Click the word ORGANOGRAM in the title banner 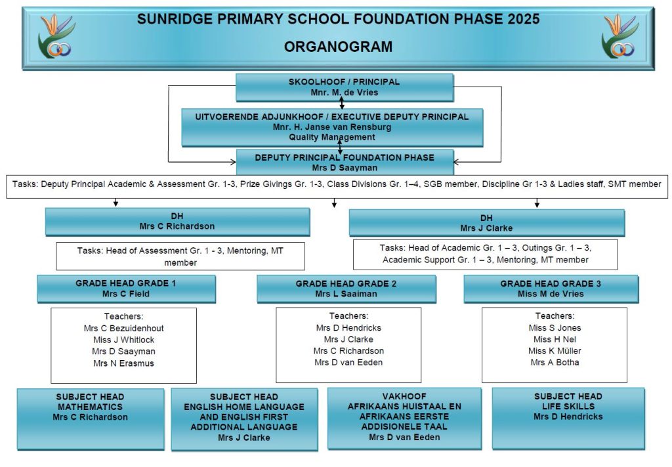pyautogui.click(x=338, y=47)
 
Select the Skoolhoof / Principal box pyautogui.click(x=345, y=87)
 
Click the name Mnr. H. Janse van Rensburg pyautogui.click(x=332, y=127)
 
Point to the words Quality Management pyautogui.click(x=332, y=137)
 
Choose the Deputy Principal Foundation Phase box pyautogui.click(x=345, y=162)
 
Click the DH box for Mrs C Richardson pyautogui.click(x=177, y=222)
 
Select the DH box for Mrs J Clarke pyautogui.click(x=487, y=223)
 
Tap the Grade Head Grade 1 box pyautogui.click(x=126, y=289)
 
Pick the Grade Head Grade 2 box pyautogui.click(x=346, y=289)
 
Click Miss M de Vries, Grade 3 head pyautogui.click(x=551, y=294)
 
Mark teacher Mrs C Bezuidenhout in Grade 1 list pyautogui.click(x=124, y=328)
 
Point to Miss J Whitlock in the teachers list pyautogui.click(x=124, y=340)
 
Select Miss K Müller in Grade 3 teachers pyautogui.click(x=555, y=351)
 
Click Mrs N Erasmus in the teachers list pyautogui.click(x=124, y=363)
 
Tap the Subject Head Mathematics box pyautogui.click(x=91, y=419)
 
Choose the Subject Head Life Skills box pyautogui.click(x=568, y=418)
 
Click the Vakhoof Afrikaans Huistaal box pyautogui.click(x=404, y=419)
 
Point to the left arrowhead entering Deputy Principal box pyautogui.click(x=233, y=162)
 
